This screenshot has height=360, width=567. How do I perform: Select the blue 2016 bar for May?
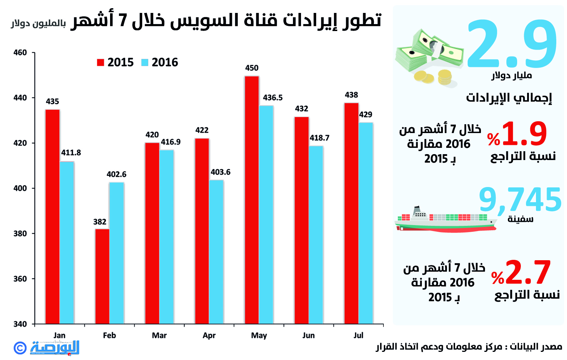pyautogui.click(x=266, y=215)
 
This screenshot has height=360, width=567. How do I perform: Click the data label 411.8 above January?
pyautogui.click(x=71, y=153)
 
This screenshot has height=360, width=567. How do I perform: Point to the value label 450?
pyautogui.click(x=252, y=68)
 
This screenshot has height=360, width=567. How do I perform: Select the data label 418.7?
pyautogui.click(x=319, y=138)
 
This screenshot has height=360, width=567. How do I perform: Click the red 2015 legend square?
pyautogui.click(x=100, y=62)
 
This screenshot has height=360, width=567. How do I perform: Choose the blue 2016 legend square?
pyautogui.click(x=145, y=62)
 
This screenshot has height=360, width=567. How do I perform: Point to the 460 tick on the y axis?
pyautogui.click(x=20, y=52)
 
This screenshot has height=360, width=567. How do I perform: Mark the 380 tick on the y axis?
pyautogui.click(x=20, y=234)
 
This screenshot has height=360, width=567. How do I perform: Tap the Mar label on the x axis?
pyautogui.click(x=159, y=335)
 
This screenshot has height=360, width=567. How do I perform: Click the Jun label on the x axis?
pyautogui.click(x=308, y=335)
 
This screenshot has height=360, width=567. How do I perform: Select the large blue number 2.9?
pyautogui.click(x=512, y=44)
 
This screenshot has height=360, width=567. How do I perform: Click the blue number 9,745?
pyautogui.click(x=520, y=200)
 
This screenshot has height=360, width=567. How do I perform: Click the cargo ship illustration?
pyautogui.click(x=445, y=222)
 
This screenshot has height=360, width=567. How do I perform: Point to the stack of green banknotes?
pyautogui.click(x=428, y=52)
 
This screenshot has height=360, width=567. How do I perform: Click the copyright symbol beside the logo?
pyautogui.click(x=20, y=347)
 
